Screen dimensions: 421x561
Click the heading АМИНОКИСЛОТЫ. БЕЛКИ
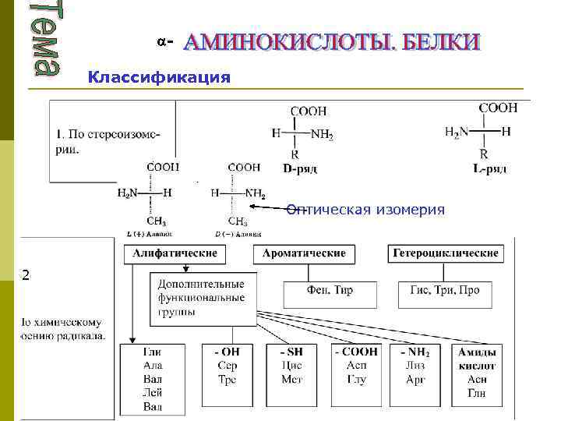(331, 43)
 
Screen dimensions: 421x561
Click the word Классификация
(159, 77)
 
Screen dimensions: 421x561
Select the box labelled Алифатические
(175, 254)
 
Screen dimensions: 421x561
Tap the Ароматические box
(304, 254)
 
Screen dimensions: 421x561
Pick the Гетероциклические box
(445, 254)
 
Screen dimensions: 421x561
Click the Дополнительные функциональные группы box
(201, 299)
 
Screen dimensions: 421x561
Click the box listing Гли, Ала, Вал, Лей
(153, 379)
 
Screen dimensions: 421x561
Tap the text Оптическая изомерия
(365, 210)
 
